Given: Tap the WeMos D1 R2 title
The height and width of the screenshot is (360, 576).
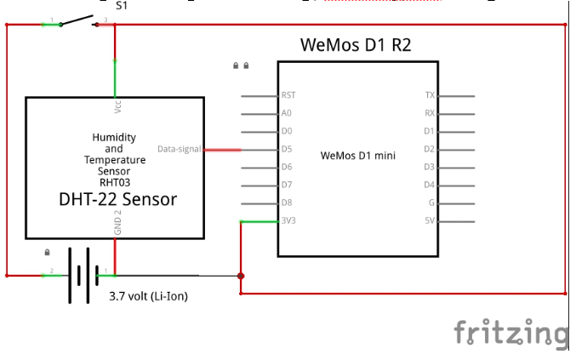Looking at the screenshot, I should coord(356,45).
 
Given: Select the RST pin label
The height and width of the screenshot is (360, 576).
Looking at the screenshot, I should coord(288,95).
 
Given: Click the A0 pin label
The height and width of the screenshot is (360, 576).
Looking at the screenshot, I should coord(286,113).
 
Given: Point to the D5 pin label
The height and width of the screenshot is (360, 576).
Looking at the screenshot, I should coord(286,149).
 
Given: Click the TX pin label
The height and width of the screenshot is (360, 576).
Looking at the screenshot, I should coord(430,95).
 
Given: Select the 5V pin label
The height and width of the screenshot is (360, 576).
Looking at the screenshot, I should coord(430,221).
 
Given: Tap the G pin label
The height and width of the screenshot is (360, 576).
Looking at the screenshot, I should coord(431,203).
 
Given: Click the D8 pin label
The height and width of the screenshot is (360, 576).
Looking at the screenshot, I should coord(286,203).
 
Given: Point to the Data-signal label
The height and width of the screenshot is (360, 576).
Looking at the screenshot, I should coord(179,150).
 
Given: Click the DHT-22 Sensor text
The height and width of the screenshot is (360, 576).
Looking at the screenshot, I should coord(117,199).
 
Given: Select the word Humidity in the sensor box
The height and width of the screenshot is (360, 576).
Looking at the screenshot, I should coord(114,138).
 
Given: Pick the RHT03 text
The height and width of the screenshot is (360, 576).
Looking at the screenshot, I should coord(114,181).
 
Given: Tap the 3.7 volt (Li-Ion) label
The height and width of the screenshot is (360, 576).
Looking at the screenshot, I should coord(148,296).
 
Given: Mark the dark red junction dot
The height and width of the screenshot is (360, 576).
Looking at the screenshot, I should coord(241,276).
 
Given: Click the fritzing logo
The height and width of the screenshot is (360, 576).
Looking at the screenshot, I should coord(510,332).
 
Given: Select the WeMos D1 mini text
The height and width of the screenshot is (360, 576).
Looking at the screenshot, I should coord(358,156).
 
